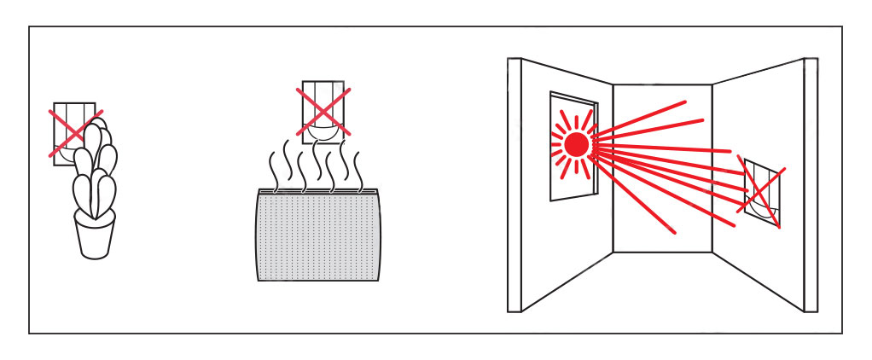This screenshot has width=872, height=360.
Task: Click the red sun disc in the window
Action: click(x=576, y=144)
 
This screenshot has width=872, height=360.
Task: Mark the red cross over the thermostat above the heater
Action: click(x=323, y=111)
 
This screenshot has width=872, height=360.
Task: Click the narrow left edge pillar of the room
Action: click(x=514, y=183)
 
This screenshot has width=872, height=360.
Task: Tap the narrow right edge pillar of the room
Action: click(x=811, y=183)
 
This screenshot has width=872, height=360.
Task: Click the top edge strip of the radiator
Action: click(x=318, y=191)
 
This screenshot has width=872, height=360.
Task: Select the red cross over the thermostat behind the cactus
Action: click(x=76, y=133)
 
